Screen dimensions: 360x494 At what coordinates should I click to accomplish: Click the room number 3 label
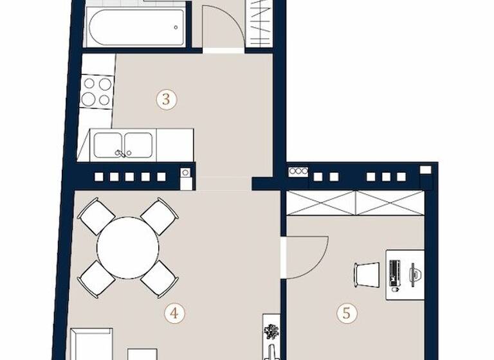coord(167,100)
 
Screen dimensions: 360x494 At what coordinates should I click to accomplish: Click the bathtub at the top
coord(136,27)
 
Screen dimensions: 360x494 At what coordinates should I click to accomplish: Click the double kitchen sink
coord(123,145)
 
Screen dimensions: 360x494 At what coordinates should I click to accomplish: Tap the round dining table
coord(127,248)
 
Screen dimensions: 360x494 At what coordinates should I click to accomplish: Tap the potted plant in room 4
coord(271,331)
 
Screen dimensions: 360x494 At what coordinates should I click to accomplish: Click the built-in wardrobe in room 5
coord(355,203)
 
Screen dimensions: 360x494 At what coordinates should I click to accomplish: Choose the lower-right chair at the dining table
coord(158,279)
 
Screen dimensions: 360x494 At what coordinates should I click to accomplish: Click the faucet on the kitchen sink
coord(120,153)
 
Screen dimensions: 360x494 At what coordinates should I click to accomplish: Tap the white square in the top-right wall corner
coord(425,169)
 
